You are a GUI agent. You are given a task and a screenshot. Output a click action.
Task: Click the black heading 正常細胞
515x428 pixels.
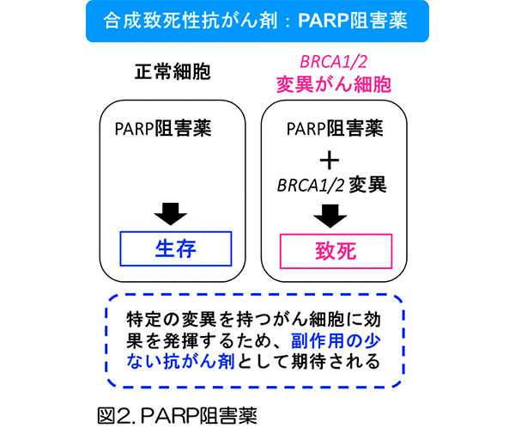click(172, 74)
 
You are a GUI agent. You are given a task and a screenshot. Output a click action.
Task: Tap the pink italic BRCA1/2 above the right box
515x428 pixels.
click(333, 62)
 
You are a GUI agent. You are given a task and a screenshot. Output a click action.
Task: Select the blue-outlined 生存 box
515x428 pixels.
click(176, 248)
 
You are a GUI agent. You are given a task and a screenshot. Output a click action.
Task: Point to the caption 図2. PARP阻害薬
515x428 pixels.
click(177, 411)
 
